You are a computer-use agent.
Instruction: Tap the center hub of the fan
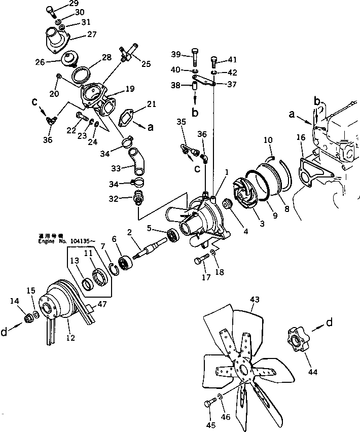[x=243, y=369]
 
